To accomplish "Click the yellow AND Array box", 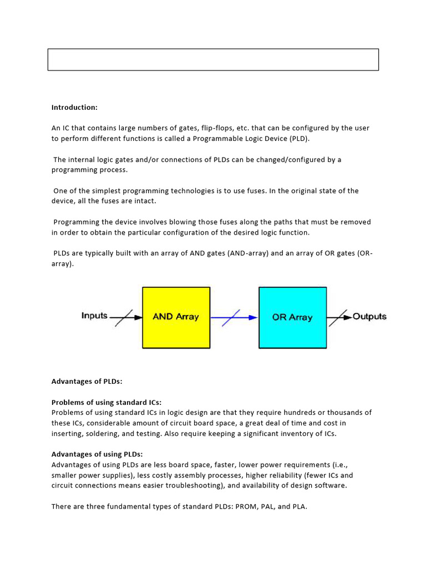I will [x=176, y=317].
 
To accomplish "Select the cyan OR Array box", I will [x=292, y=317].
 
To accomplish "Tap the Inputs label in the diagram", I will [x=94, y=316].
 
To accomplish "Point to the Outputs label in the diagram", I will [x=369, y=316].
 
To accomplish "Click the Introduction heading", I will [x=74, y=107].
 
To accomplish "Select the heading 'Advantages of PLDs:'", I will [x=86, y=382].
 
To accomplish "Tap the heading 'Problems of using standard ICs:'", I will [x=106, y=402].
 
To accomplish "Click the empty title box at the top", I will [x=213, y=60].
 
